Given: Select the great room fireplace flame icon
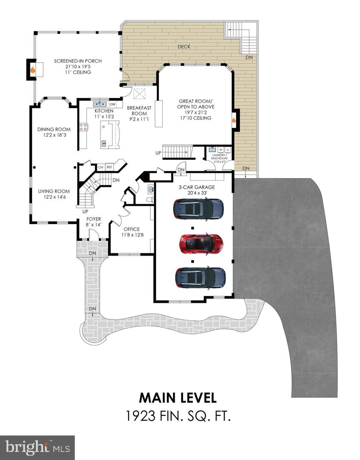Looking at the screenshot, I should click(233, 120).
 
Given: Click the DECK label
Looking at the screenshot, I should click(184, 47).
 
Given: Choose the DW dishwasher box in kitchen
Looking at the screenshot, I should click(112, 104).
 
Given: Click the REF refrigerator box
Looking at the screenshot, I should click(109, 167).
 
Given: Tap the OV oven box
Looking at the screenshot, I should click(101, 167).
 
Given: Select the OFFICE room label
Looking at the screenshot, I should click(131, 229).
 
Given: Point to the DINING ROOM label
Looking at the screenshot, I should click(54, 129).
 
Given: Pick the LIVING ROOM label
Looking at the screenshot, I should click(53, 191).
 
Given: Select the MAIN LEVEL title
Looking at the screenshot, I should click(178, 397).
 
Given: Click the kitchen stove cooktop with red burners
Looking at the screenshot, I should click(84, 126).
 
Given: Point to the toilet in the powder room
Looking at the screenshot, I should click(150, 199).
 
